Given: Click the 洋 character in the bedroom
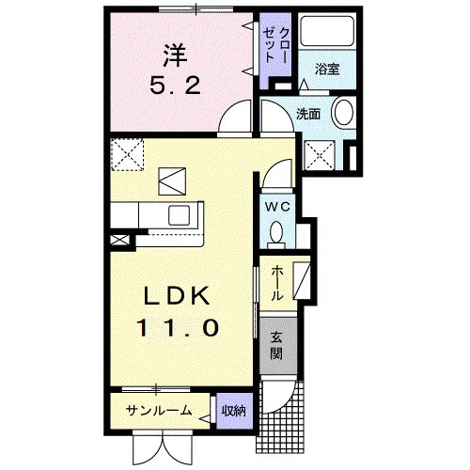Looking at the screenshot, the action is coord(175,55).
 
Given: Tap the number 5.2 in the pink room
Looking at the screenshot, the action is coord(175,86).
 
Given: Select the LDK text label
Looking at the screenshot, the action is coord(177,296).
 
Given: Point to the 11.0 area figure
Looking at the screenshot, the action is coord(177,327).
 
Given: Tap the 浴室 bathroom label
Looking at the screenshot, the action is coord(327,69).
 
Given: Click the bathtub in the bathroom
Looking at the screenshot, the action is coord(327,31).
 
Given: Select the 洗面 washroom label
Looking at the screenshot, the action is coord(308,114).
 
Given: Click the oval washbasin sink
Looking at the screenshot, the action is coord(344,113).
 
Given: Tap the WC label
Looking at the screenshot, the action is coord(277,207).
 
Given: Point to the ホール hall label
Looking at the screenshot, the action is coord(276,283).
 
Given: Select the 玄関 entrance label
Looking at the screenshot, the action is coord(276,345).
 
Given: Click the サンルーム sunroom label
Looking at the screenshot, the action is coord(159,410).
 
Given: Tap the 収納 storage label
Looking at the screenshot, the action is coord(234,411).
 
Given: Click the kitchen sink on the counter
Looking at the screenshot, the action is coord(179,215).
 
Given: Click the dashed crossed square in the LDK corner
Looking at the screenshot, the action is coord(127,155).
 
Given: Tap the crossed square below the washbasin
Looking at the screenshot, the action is coord(320,156).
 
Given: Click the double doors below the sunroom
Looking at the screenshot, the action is coord(163,448).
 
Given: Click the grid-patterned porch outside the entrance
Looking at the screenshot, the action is coord(280,434).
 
